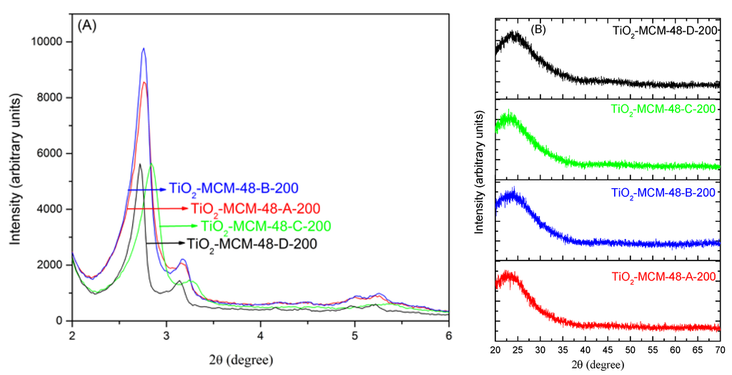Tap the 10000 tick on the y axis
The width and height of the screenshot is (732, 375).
pos(51,42)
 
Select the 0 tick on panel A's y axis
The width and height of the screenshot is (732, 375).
pos(63,321)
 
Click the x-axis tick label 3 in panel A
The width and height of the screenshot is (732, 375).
pos(167,334)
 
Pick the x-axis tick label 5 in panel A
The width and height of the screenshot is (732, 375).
pos(355,334)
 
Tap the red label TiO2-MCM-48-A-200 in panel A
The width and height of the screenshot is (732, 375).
pos(255,209)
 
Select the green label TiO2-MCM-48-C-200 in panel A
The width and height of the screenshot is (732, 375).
pos(266,226)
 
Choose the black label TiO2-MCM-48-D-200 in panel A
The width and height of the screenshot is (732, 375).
pos(252,243)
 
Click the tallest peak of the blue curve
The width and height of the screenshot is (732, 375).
pos(144,49)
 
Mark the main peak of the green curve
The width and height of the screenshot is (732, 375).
pos(152,164)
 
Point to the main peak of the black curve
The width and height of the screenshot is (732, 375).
pos(139,164)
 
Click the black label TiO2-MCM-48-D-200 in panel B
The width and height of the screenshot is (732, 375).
pos(665,31)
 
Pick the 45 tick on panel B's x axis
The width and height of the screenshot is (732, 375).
pos(608,351)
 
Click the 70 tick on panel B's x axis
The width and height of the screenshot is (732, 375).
pos(720,351)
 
